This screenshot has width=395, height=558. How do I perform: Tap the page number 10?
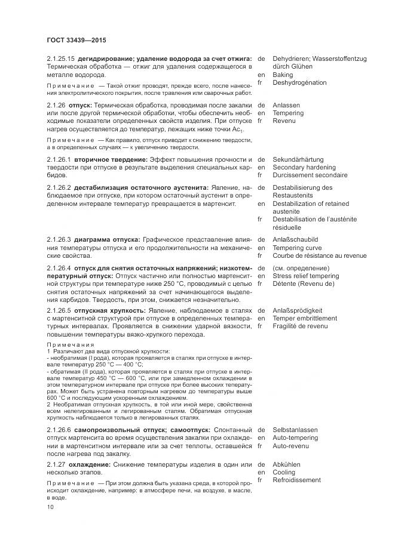(50, 507)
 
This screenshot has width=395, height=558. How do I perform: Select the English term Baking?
(283, 75)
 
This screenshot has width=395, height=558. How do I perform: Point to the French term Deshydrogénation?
(299, 83)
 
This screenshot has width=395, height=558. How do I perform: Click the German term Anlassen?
(286, 105)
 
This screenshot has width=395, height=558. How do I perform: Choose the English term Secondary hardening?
(304, 168)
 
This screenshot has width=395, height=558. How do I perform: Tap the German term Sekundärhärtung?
(298, 160)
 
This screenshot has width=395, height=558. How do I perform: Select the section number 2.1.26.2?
(59, 187)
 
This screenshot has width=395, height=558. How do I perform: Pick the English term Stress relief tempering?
(305, 276)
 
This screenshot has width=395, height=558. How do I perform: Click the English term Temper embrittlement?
(304, 318)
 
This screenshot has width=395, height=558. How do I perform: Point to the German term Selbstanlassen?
(295, 430)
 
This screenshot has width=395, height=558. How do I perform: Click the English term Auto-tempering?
(295, 437)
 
